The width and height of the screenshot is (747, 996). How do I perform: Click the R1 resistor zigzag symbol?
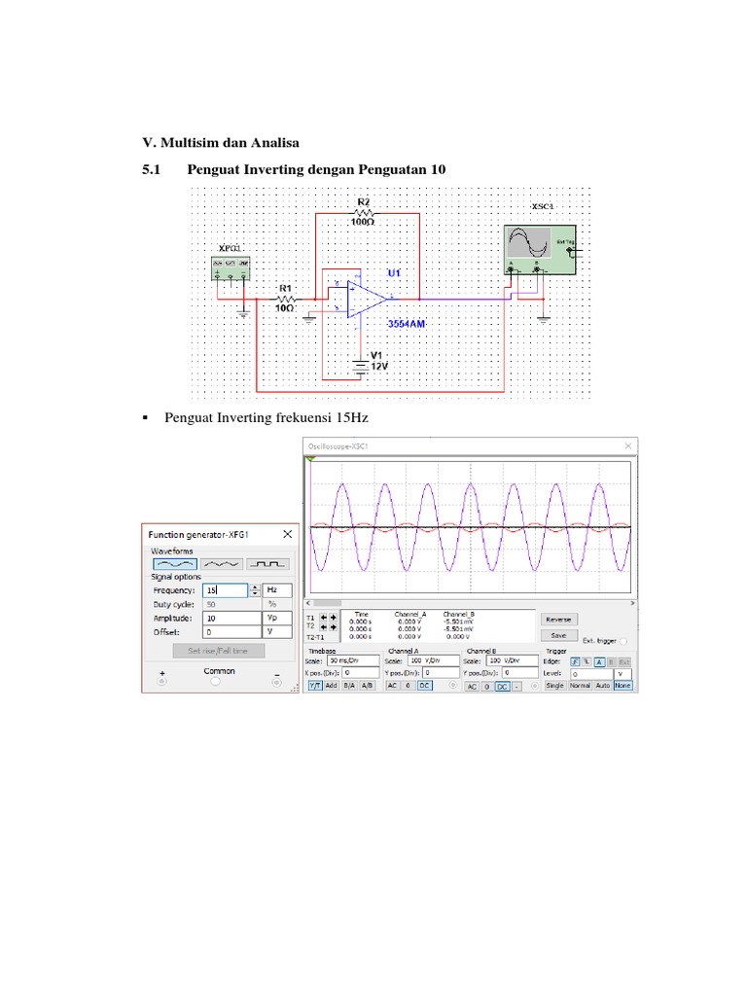pyautogui.click(x=286, y=299)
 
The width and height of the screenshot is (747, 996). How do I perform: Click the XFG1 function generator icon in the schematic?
pyautogui.click(x=231, y=267)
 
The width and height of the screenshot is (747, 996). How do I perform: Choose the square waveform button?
pyautogui.click(x=267, y=563)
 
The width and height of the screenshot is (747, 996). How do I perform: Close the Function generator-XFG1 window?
pyautogui.click(x=287, y=534)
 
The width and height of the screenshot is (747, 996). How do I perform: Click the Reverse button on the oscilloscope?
pyautogui.click(x=558, y=619)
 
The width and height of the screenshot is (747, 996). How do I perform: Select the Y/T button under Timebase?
pyautogui.click(x=315, y=686)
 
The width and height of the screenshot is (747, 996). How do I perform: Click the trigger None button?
pyautogui.click(x=622, y=686)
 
